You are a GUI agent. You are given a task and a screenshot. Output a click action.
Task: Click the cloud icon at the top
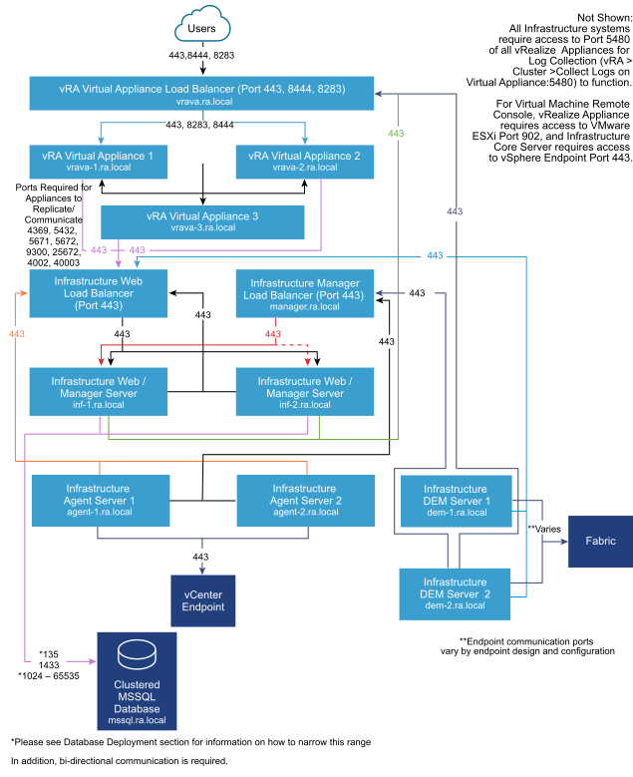pyautogui.click(x=201, y=24)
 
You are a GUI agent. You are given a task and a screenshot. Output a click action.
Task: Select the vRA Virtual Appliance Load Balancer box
pyautogui.click(x=201, y=94)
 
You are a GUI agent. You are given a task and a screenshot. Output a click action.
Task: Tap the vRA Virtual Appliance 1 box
pyautogui.click(x=98, y=162)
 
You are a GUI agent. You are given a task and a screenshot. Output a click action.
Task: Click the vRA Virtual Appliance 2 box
pyautogui.click(x=304, y=162)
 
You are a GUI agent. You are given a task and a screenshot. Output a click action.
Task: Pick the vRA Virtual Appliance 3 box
pyautogui.click(x=202, y=221)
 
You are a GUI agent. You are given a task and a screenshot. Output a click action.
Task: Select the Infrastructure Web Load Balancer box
pyautogui.click(x=98, y=293)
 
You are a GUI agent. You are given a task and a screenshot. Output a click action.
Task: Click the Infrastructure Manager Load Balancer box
pyautogui.click(x=304, y=294)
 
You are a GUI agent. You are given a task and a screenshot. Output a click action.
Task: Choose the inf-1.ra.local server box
pyautogui.click(x=98, y=392)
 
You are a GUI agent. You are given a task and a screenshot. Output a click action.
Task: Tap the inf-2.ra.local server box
pyautogui.click(x=304, y=392)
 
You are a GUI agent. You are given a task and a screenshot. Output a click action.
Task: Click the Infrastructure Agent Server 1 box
pyautogui.click(x=98, y=500)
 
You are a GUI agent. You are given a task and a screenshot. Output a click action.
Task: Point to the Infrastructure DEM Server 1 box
pyautogui.click(x=455, y=501)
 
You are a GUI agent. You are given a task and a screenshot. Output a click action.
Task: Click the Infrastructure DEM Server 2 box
pyautogui.click(x=455, y=593)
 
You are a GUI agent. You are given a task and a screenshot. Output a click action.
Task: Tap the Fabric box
pyautogui.click(x=600, y=542)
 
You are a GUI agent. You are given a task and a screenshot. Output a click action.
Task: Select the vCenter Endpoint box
pyautogui.click(x=203, y=600)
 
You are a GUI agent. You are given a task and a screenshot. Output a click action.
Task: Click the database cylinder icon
pyautogui.click(x=137, y=655)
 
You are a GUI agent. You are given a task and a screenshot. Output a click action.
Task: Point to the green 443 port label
pyautogui.click(x=396, y=133)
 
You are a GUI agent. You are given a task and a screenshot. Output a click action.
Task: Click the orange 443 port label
pyautogui.click(x=16, y=333)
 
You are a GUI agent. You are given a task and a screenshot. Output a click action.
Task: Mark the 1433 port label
pyautogui.click(x=49, y=664)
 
